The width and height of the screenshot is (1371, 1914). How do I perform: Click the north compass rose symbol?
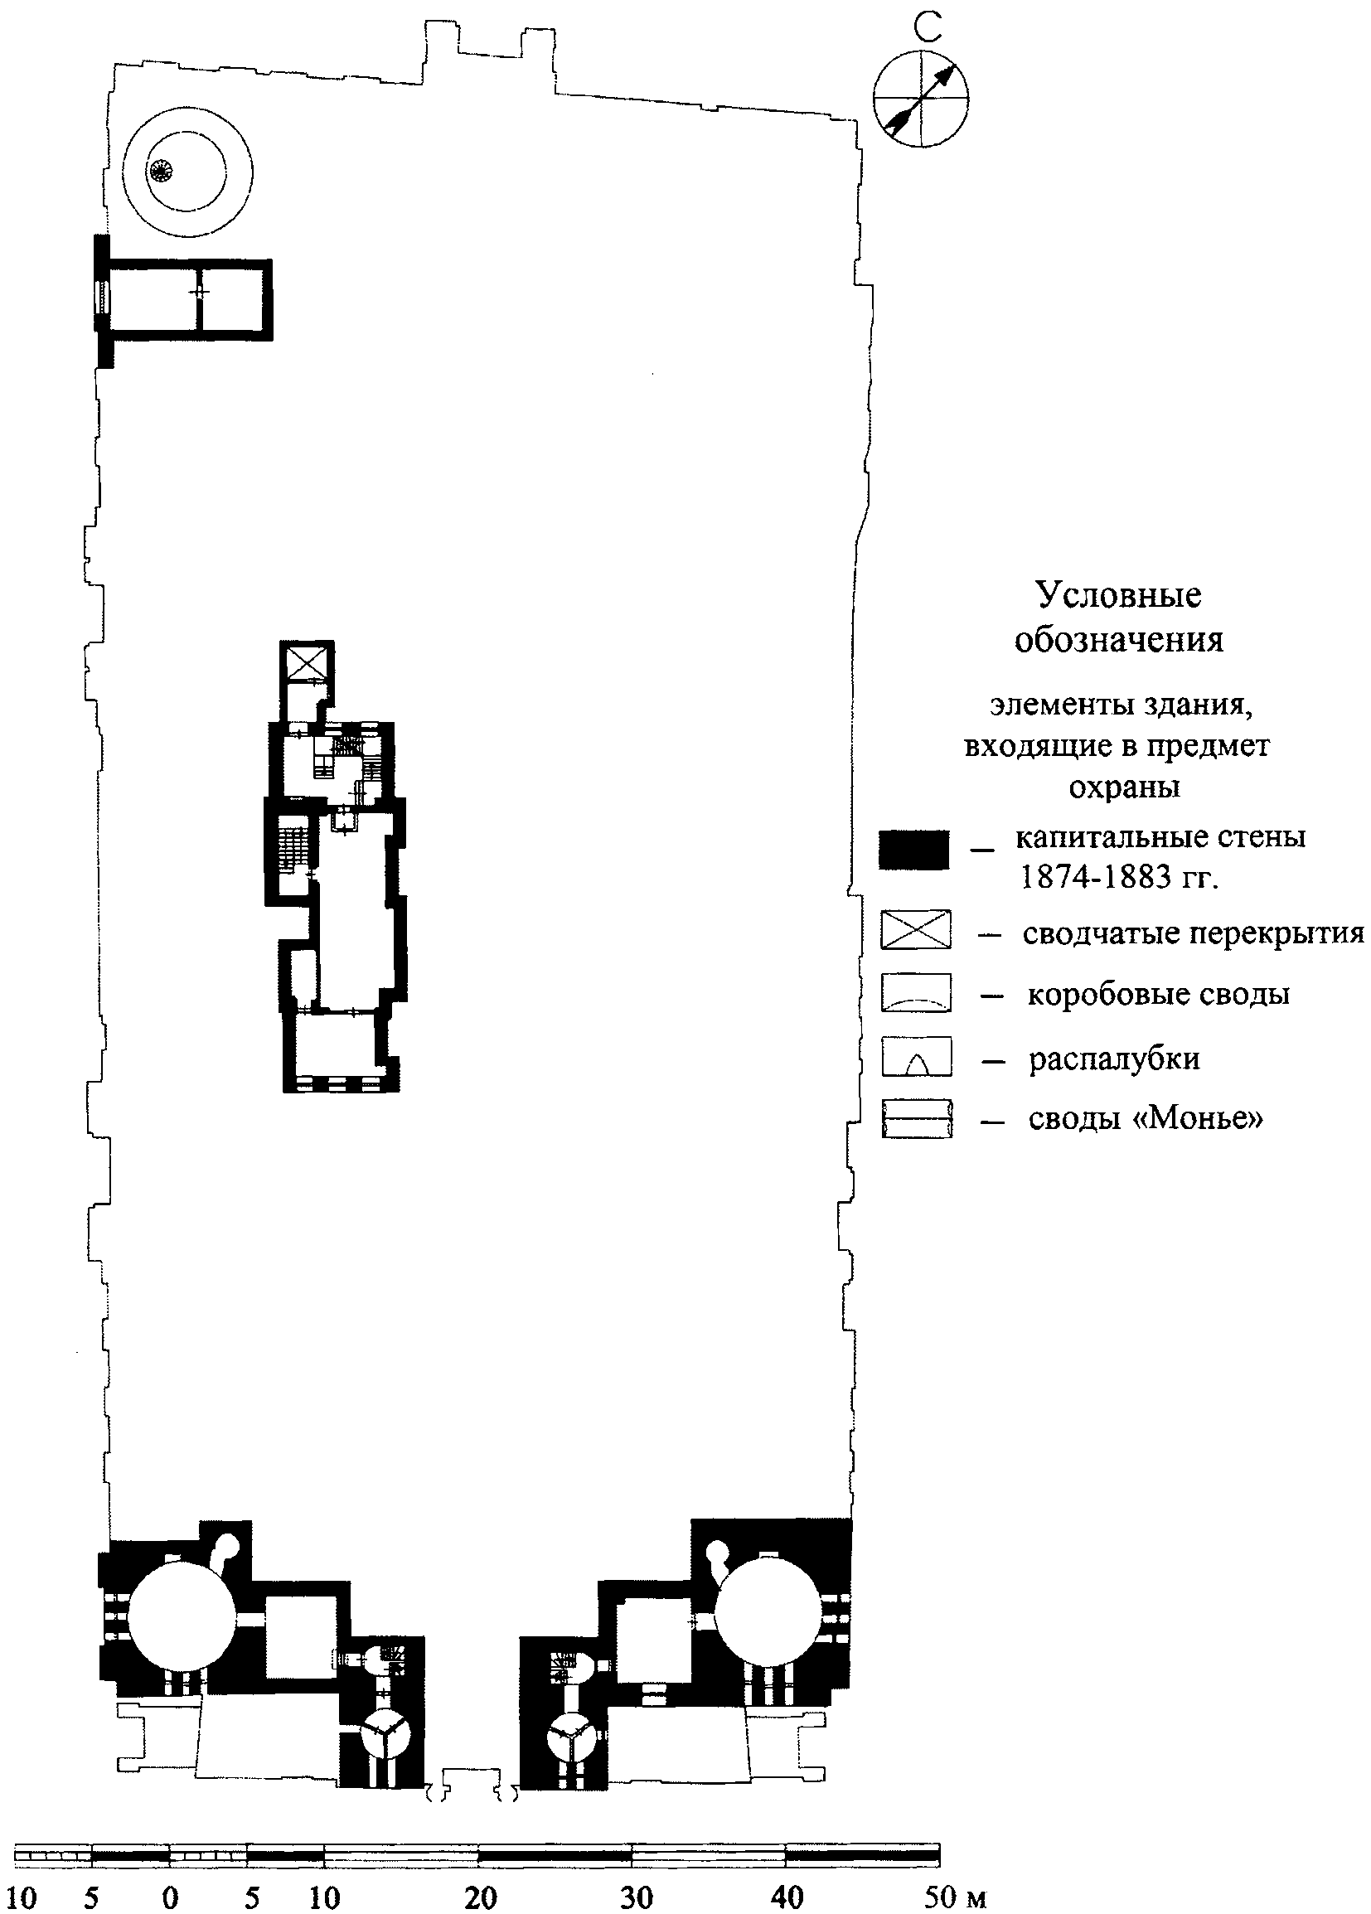(920, 98)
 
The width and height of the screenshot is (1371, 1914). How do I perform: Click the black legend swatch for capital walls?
(913, 850)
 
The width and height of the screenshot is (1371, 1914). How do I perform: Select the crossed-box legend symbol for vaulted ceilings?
(916, 929)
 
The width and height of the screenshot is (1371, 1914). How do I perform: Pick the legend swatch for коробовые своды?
(916, 992)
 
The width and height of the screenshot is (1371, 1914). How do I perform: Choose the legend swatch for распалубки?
(916, 1056)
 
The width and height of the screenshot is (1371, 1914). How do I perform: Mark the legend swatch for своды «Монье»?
(916, 1119)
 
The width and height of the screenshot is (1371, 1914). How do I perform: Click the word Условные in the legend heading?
(1118, 595)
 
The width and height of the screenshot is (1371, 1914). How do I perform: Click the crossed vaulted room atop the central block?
(306, 663)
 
